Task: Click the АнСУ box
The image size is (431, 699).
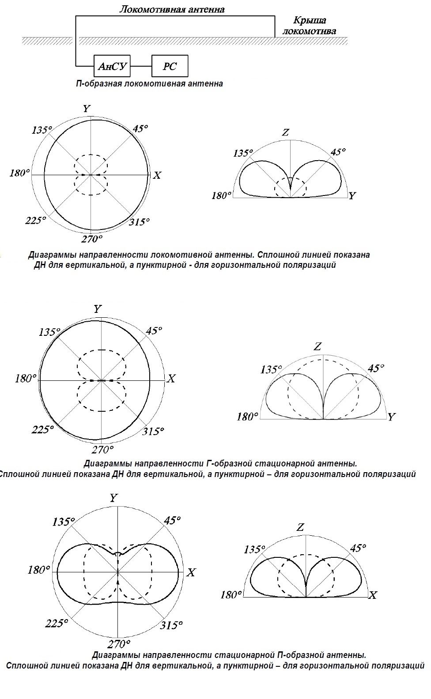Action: point(112,66)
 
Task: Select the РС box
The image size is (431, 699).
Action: point(170,66)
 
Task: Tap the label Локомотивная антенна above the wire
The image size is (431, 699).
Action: point(172,9)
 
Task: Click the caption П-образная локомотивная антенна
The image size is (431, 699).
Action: point(149,83)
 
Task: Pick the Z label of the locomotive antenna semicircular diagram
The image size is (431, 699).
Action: point(286,132)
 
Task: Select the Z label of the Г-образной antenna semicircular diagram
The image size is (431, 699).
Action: point(318,346)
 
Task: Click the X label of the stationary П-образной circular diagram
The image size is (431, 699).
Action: point(191,573)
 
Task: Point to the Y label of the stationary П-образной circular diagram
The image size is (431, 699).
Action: point(113,498)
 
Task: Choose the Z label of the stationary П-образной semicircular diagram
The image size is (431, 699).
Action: point(301,527)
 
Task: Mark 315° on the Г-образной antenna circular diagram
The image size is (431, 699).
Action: point(153,431)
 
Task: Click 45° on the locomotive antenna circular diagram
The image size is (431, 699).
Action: point(140,128)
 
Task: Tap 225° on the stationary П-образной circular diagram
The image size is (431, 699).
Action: point(56,624)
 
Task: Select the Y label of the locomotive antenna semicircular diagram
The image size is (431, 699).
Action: point(352,195)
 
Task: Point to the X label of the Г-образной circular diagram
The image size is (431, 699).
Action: point(171,378)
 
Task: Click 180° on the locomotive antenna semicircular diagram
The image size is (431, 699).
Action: point(222,195)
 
